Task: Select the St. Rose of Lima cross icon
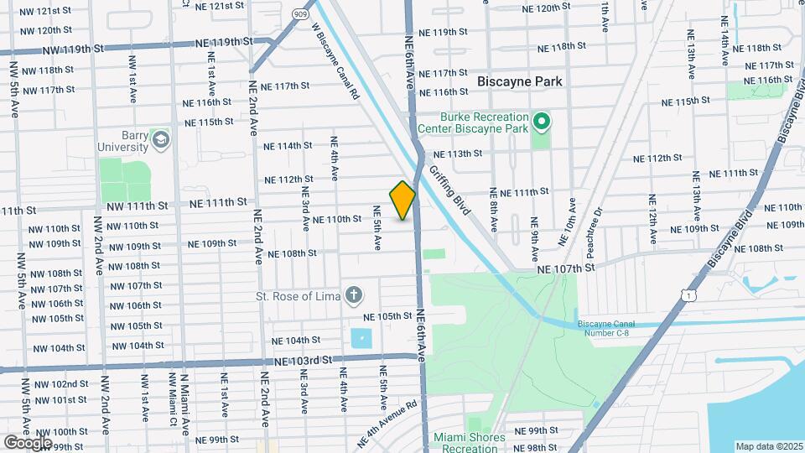tap(355, 294)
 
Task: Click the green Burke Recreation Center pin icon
tap(542, 123)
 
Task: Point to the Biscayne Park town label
tap(520, 81)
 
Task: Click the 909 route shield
tap(300, 14)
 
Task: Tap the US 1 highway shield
tap(688, 294)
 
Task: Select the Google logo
tap(28, 443)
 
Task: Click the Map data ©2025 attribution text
tap(768, 445)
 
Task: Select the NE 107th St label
tap(566, 267)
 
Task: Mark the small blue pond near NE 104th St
tap(361, 339)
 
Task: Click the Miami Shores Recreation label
tap(470, 442)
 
